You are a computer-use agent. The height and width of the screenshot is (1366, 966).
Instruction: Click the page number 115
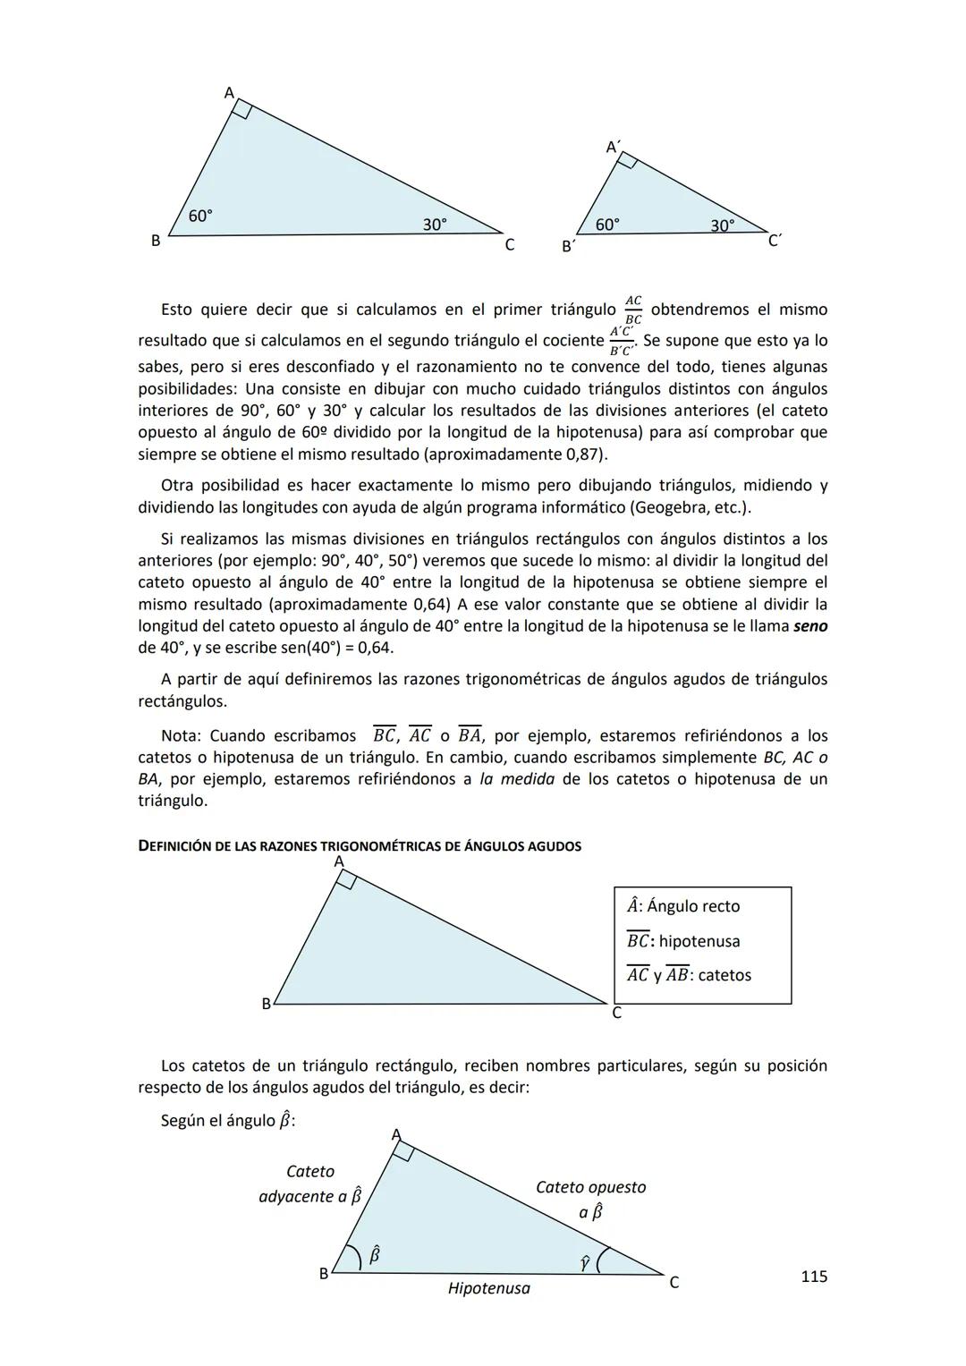813,1277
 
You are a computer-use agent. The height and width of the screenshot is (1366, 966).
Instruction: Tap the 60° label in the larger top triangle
200,216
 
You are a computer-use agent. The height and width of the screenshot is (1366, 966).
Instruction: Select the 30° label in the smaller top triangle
722,225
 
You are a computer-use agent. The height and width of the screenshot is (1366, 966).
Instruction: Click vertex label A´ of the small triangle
614,147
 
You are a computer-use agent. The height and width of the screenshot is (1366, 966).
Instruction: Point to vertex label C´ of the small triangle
775,241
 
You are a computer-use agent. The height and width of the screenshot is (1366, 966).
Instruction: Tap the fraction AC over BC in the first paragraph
633,310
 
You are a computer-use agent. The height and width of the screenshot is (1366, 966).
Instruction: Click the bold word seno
809,626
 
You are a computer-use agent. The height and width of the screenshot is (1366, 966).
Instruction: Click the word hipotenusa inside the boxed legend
699,941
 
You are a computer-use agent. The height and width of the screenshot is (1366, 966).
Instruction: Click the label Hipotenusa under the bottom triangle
488,1288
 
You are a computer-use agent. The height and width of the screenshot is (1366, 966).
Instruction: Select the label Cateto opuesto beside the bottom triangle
590,1187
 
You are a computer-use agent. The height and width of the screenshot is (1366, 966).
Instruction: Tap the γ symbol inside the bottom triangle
584,1261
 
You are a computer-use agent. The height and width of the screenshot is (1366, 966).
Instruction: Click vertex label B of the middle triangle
266,1004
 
